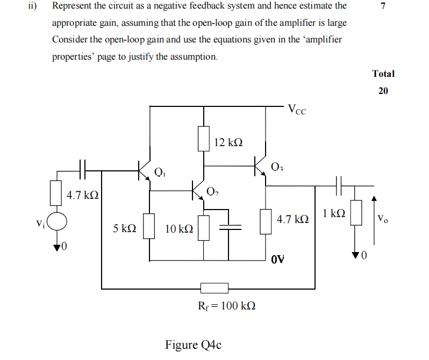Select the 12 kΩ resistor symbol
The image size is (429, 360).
[x=203, y=139]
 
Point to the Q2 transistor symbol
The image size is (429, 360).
[x=199, y=190]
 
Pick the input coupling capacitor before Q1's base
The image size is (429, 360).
[x=82, y=170]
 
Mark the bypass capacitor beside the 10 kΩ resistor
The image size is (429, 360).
[x=230, y=227]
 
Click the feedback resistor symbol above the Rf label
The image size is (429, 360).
[x=214, y=288]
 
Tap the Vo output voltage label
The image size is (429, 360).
[x=382, y=218]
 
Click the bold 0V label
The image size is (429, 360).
[x=277, y=260]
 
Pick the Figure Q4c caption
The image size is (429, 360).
[x=193, y=344]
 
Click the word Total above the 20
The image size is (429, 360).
[x=383, y=74]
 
